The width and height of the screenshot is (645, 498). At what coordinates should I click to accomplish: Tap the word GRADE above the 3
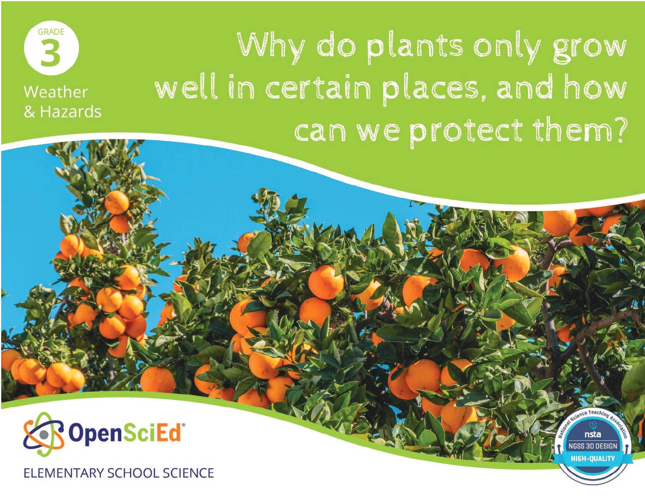point(51,32)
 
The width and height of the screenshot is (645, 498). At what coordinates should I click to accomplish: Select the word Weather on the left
point(56,92)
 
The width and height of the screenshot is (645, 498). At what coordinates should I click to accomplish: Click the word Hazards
point(71,112)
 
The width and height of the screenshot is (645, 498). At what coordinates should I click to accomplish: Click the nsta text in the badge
point(593,435)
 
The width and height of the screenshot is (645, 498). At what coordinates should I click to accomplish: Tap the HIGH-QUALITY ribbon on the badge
point(593,459)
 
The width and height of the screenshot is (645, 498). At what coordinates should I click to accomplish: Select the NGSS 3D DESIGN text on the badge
point(593,446)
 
